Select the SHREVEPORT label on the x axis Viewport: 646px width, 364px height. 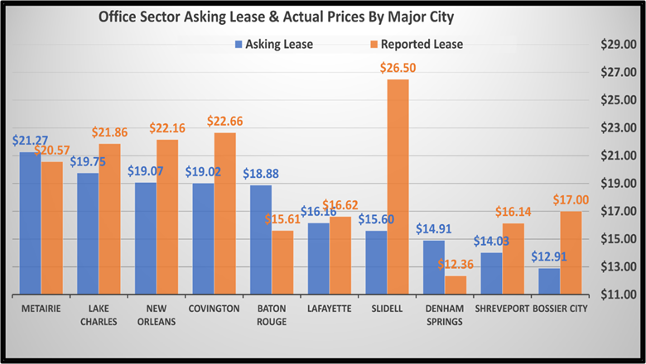[x=500, y=308]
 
